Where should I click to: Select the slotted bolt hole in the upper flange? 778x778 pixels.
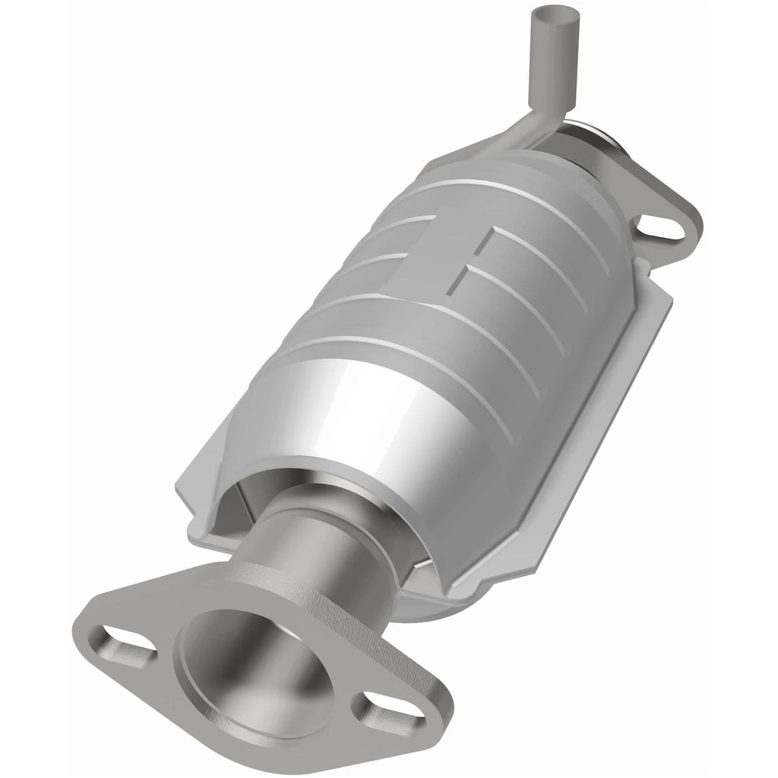pyautogui.click(x=659, y=226)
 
